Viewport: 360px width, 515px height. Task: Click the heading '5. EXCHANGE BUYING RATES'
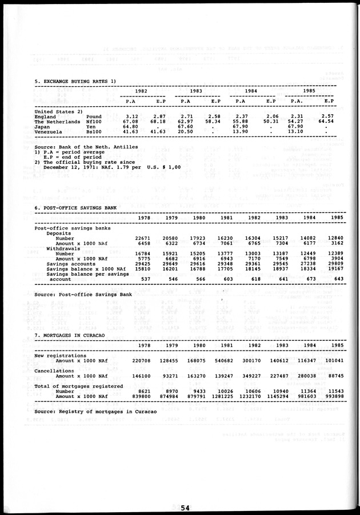click(x=75, y=81)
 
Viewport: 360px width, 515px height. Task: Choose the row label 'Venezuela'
click(x=49, y=131)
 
